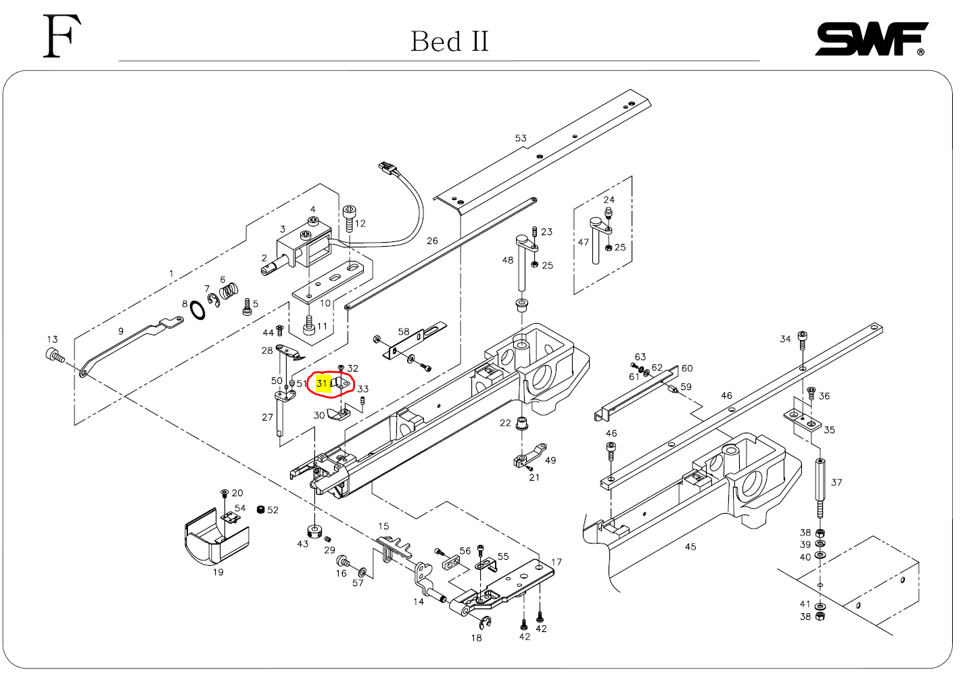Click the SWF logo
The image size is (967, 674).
click(x=870, y=39)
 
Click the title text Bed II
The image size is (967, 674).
click(x=449, y=42)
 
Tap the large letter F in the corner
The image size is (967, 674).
click(x=62, y=37)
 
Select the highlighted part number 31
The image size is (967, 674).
click(x=323, y=384)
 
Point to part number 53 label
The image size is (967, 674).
click(x=520, y=139)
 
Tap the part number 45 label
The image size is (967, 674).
click(x=690, y=546)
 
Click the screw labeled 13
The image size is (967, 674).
click(x=54, y=355)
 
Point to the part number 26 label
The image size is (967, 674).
click(x=432, y=241)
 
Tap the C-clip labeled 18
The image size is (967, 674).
click(x=485, y=621)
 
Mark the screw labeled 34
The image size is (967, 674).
click(x=803, y=339)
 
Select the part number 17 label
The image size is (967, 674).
click(x=556, y=562)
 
